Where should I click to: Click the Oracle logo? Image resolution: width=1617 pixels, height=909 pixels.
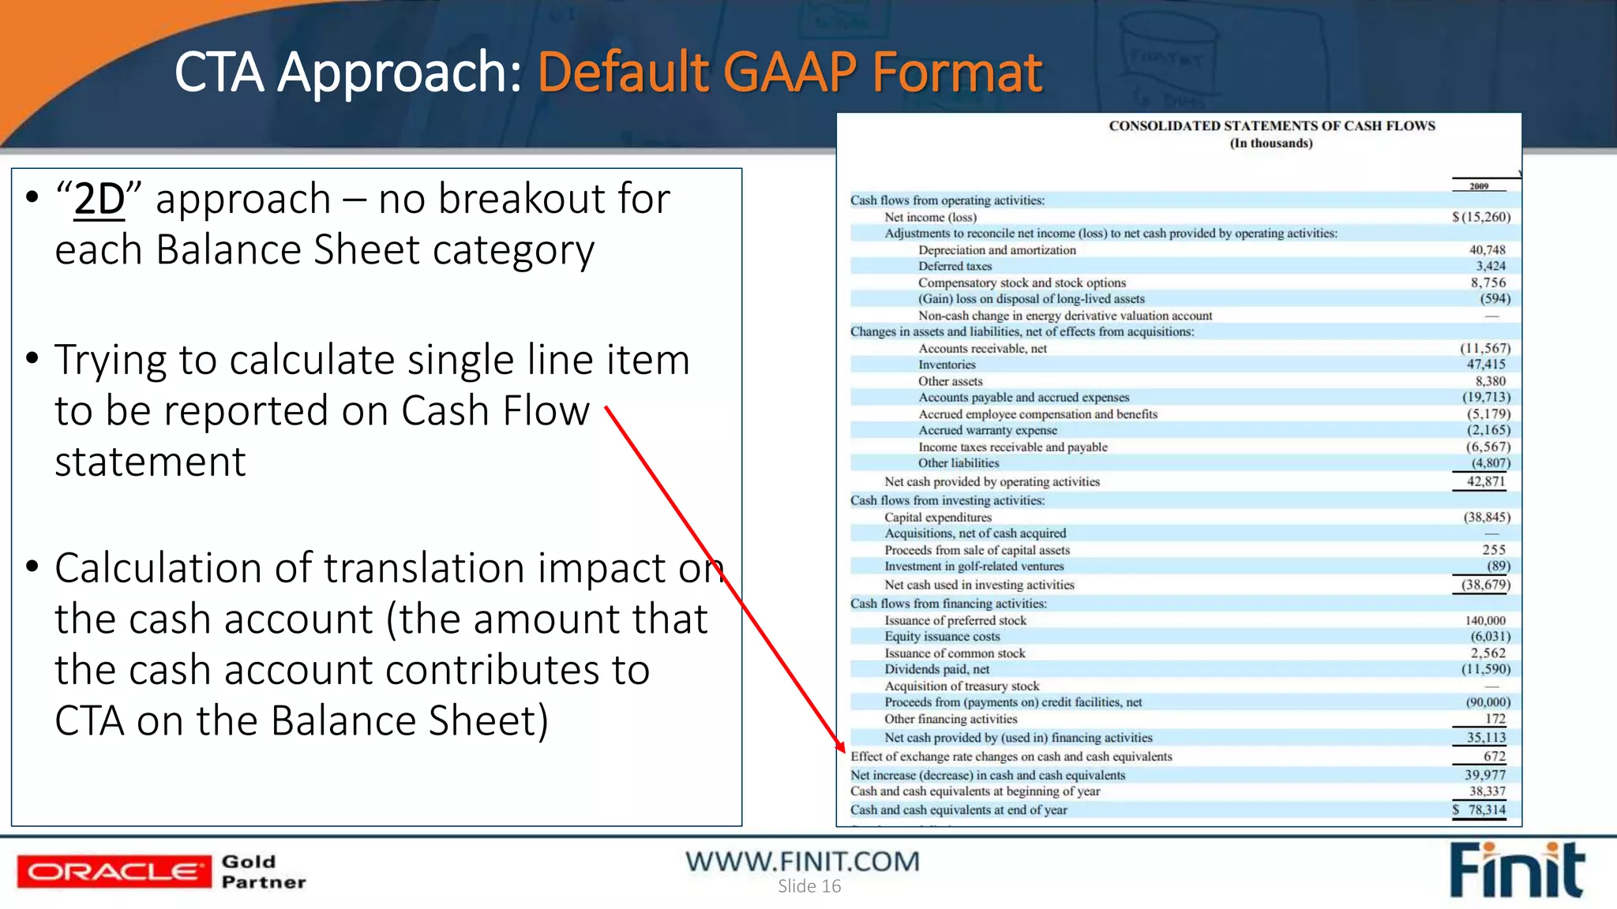click(114, 872)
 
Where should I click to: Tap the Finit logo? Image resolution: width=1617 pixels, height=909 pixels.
click(1516, 870)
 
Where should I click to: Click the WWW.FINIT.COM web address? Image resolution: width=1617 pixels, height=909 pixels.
click(802, 861)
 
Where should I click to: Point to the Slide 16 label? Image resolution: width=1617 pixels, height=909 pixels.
click(809, 886)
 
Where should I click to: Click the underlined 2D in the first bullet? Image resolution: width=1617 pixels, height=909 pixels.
click(99, 199)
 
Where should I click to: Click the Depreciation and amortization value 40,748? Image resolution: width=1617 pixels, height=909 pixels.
click(1487, 250)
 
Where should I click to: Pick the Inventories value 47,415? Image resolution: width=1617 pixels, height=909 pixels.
click(1486, 365)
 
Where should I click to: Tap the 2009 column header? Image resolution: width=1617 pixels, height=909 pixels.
click(1479, 186)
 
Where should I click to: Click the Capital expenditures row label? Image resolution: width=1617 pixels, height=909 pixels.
click(938, 518)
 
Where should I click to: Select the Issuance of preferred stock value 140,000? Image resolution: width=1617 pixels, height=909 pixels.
click(1485, 621)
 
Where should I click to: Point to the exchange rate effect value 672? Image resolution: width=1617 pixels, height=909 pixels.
click(1495, 757)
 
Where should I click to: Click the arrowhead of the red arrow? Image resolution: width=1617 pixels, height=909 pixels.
click(841, 746)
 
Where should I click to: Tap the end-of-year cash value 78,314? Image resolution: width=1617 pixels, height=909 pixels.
click(1487, 810)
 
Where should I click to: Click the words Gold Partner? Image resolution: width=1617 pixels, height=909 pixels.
click(263, 872)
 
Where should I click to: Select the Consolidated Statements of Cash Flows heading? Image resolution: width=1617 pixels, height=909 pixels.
click(1272, 126)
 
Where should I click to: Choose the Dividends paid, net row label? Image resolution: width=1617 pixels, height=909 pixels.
click(936, 670)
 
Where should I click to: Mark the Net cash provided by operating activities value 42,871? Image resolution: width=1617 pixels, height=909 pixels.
click(1486, 482)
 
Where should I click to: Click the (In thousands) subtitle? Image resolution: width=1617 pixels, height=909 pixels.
click(1271, 144)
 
